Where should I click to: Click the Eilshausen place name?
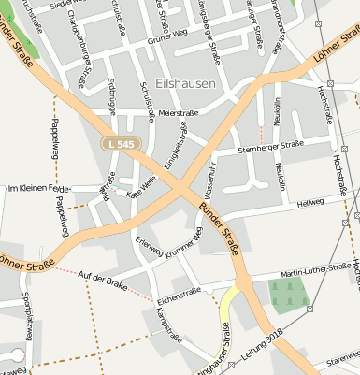pyautogui.click(x=187, y=83)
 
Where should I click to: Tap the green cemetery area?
pyautogui.click(x=288, y=296)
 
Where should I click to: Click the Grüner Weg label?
pyautogui.click(x=167, y=38)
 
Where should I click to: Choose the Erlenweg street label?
pyautogui.click(x=150, y=248)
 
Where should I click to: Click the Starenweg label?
pyautogui.click(x=342, y=357)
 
